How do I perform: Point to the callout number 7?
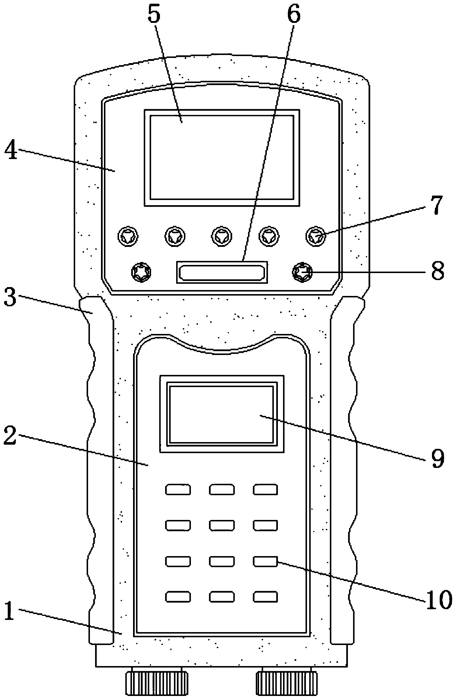[436, 206]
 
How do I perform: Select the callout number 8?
[437, 272]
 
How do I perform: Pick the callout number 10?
[439, 599]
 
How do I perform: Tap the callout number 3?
[10, 297]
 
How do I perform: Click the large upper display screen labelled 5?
[221, 157]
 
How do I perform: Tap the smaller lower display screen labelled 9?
[221, 414]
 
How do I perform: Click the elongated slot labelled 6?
[222, 272]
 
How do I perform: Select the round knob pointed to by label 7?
[316, 235]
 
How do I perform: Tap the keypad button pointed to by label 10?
[265, 561]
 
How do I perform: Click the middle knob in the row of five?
[222, 235]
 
